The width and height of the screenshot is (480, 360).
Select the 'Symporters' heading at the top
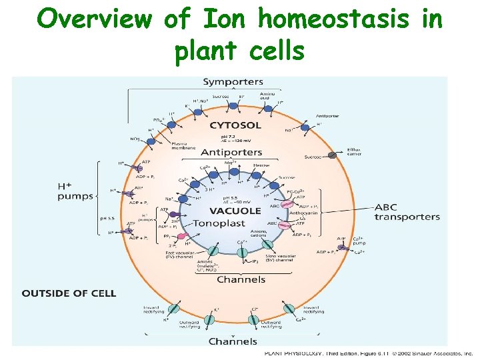click(x=232, y=82)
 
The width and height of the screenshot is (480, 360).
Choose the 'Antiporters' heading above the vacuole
click(x=231, y=153)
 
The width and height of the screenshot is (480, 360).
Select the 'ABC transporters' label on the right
click(x=407, y=211)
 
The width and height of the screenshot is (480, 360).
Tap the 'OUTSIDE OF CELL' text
click(x=69, y=293)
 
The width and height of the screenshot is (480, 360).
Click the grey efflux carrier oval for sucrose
click(x=331, y=155)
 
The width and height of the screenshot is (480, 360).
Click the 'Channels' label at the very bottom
click(x=233, y=341)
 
